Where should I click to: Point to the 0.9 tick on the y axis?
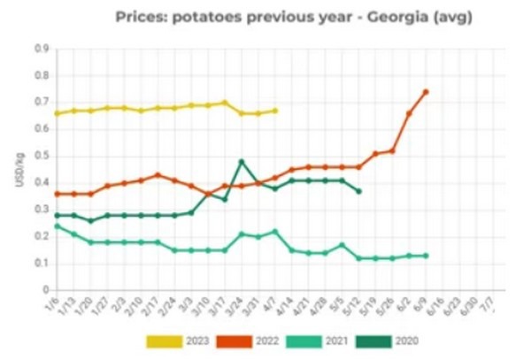(x=41, y=49)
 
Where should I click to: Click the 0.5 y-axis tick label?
(x=41, y=157)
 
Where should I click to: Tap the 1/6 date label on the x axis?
(x=55, y=304)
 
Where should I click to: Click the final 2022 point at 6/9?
(x=426, y=92)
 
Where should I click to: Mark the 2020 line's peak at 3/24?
(x=242, y=162)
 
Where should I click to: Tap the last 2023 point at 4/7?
(x=275, y=111)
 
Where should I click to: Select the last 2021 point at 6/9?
(x=426, y=256)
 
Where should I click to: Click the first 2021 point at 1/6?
(x=58, y=226)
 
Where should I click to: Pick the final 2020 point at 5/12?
(x=358, y=191)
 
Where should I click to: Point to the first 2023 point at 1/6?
(x=58, y=113)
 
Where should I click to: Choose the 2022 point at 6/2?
(x=409, y=113)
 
